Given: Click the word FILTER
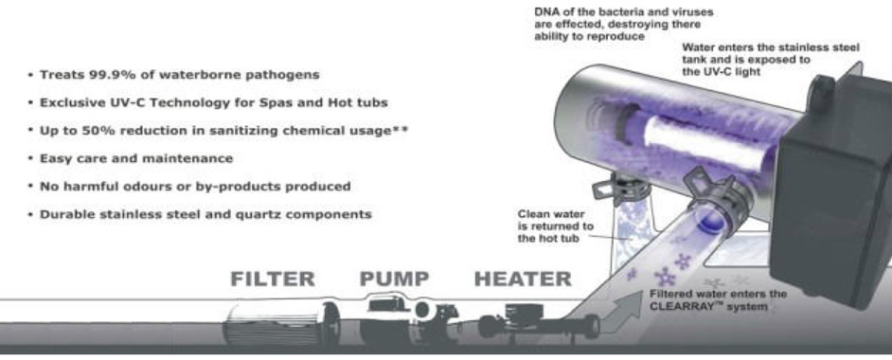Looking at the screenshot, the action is point(273,279).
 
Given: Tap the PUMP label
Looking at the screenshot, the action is point(394,279).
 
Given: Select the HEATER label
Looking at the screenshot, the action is point(523,279).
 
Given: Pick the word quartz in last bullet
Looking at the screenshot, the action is point(259,215).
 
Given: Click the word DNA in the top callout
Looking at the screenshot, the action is point(544,12).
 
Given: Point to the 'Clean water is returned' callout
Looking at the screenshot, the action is point(555,226).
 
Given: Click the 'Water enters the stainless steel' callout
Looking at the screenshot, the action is point(771,60).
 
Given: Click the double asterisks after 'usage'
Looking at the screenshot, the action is point(400,130).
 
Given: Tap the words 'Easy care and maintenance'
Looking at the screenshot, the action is point(136,158).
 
